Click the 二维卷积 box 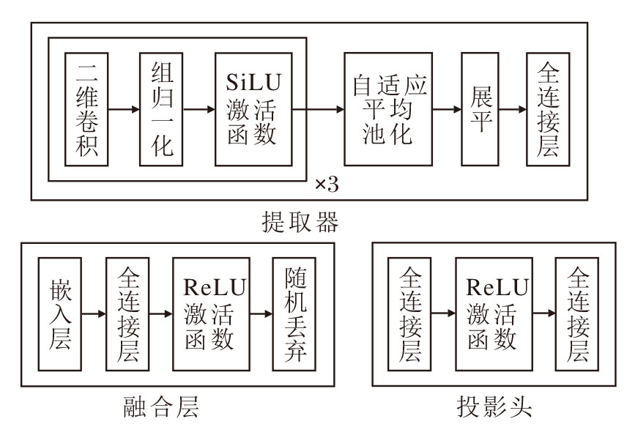pyautogui.click(x=86, y=109)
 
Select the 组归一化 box pyautogui.click(x=162, y=109)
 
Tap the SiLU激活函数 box pyautogui.click(x=253, y=109)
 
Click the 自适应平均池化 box pyautogui.click(x=388, y=109)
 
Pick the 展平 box pyautogui.click(x=480, y=109)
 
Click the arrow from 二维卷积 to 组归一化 pyautogui.click(x=124, y=109)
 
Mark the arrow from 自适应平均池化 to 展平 pyautogui.click(x=446, y=109)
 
